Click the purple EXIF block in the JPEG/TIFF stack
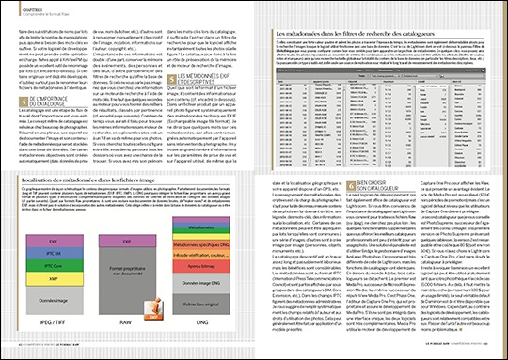pos(55,241)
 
